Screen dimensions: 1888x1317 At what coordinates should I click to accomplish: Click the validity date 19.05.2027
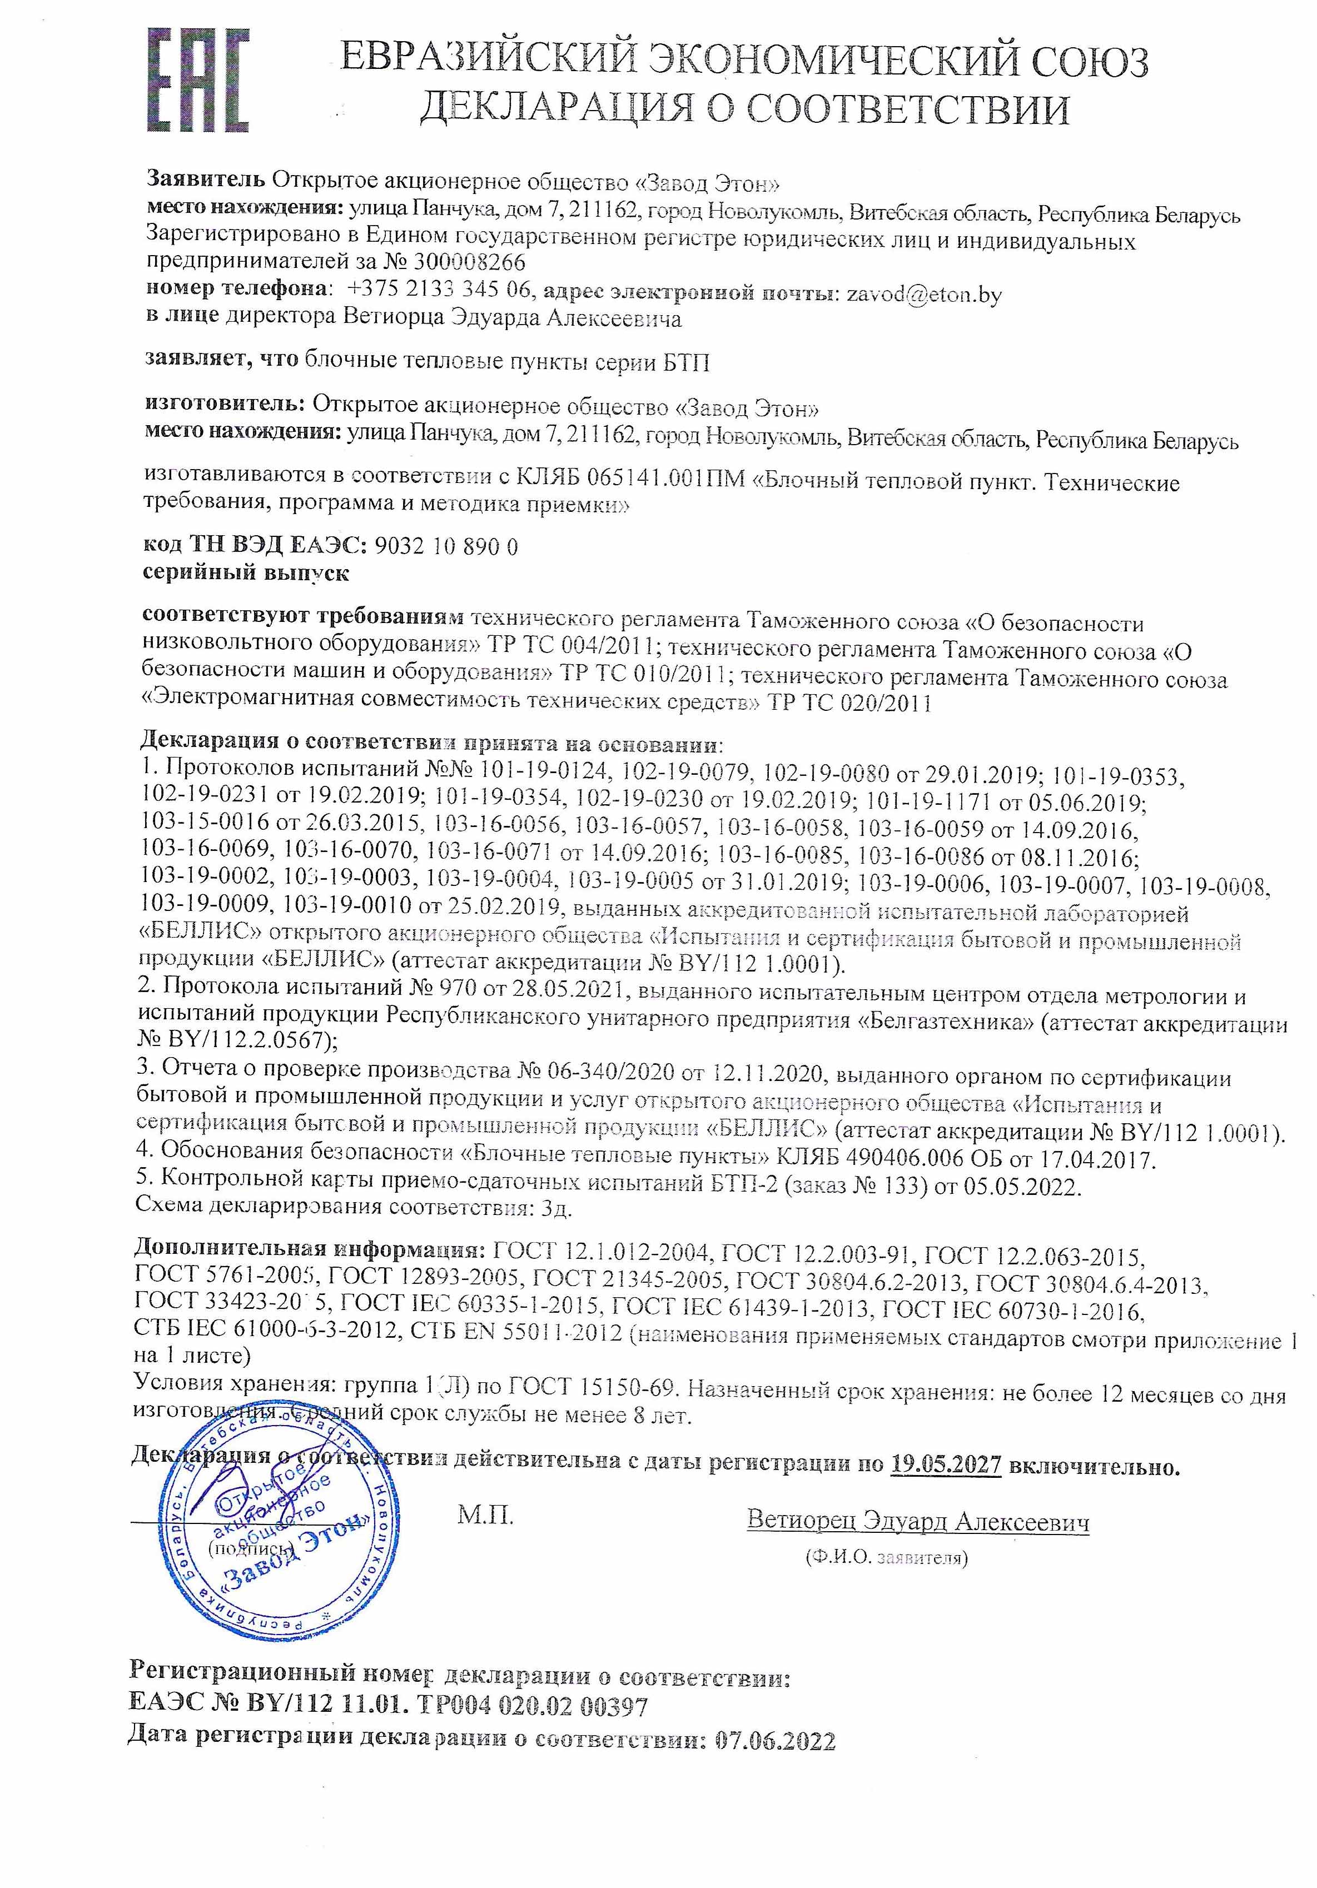946,1464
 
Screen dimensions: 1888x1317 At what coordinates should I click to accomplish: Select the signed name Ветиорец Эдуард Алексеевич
917,1521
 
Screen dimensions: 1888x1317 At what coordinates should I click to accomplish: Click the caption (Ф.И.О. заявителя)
887,1557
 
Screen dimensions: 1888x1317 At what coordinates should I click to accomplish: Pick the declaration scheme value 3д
558,1208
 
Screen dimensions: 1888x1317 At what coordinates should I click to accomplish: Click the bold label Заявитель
206,180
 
